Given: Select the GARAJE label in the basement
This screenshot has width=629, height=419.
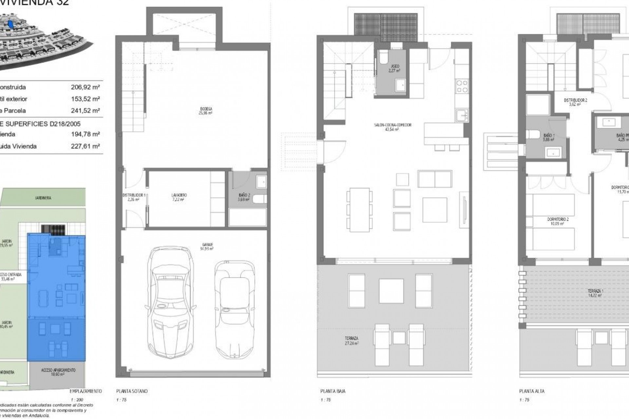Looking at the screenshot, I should point(206,246).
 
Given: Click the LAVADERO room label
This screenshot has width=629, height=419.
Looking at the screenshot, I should point(179,197).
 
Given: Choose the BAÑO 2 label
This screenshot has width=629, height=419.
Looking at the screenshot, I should point(244,197).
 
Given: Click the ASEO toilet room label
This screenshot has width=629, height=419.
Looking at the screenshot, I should point(395,68).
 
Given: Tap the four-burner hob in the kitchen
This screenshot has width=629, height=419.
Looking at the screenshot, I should point(462,86).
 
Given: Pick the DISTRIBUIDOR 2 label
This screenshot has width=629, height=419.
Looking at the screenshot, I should point(575,102).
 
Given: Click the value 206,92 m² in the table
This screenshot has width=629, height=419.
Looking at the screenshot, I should point(85,87).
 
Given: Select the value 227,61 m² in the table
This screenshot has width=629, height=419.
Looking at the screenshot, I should point(85,146).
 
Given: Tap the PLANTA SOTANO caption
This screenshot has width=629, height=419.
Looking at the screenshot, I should point(132,391).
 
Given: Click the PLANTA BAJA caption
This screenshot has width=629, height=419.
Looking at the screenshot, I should point(333,391).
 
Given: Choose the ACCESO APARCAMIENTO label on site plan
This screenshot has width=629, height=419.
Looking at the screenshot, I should point(58,372).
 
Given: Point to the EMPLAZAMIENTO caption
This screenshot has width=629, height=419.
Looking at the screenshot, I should point(86,391).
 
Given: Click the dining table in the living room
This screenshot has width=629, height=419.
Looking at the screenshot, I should point(359,209).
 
